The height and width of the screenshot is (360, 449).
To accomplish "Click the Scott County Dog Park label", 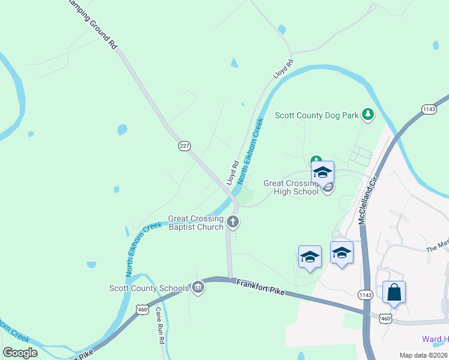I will point(316,115).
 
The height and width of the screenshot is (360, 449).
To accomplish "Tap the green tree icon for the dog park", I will point(367,114).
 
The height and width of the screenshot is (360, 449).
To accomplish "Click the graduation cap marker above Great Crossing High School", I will point(323,173).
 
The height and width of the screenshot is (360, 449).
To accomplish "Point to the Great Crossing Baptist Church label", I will point(196,223).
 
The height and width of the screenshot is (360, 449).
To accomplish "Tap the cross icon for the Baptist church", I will point(234,223).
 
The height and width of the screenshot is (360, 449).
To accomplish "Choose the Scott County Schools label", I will point(149,289).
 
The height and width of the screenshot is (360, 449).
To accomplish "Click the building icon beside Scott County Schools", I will point(198,289).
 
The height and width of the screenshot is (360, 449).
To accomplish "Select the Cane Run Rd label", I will point(160,325).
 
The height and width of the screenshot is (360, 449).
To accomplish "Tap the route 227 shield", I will point(184,146).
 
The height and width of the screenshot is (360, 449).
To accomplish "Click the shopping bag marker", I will point(394,293).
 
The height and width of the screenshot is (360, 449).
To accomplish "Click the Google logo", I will point(20,353).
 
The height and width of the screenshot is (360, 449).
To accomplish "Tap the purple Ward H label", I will point(435,340).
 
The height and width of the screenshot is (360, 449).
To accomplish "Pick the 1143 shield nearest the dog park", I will point(429,109).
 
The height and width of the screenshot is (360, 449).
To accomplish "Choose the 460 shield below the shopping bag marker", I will point(386,319).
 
